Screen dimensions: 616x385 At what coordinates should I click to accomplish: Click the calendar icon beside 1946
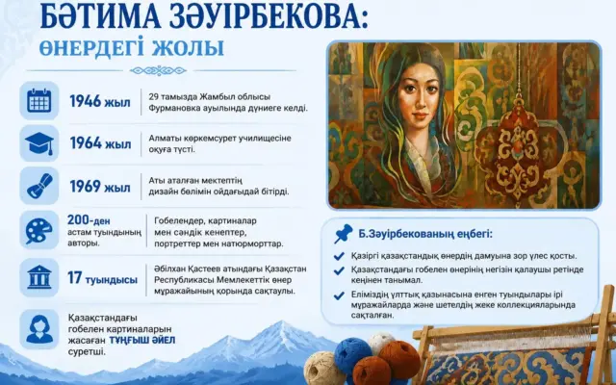pos(39,101)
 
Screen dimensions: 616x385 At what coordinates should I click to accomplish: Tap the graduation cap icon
pos(39,143)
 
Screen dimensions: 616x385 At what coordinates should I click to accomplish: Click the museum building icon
pos(39,277)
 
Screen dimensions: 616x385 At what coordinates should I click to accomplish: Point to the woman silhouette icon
pos(39,329)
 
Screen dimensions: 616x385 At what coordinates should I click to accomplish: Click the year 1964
pos(86,143)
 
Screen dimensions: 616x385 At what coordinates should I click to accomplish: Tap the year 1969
pos(86,186)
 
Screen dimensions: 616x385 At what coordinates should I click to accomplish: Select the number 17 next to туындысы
pos(74,278)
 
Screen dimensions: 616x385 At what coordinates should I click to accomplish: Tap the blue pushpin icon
pos(343,234)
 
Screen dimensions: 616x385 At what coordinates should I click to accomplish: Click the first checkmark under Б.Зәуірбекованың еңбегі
pos(339,257)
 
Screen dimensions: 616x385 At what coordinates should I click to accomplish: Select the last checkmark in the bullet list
pos(339,295)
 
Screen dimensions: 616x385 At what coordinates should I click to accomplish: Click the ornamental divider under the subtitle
pos(158,71)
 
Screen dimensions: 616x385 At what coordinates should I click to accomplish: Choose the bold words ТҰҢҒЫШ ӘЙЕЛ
pos(142,340)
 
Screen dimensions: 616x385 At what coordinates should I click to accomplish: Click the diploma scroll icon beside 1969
pos(39,186)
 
